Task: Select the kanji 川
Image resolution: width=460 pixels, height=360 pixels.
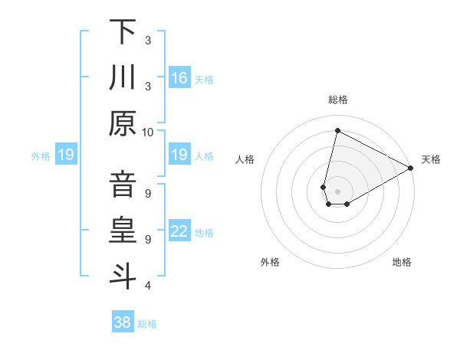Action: click(x=123, y=77)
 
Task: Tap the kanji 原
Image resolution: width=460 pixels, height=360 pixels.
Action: click(x=123, y=123)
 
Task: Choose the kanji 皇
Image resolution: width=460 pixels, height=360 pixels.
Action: click(x=123, y=231)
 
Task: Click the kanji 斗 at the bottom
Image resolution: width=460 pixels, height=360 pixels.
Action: click(x=123, y=276)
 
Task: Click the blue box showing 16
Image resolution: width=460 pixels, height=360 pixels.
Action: click(x=179, y=78)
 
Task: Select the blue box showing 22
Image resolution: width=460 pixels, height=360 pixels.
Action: click(x=179, y=231)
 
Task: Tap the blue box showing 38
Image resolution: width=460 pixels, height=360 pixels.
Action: click(x=123, y=322)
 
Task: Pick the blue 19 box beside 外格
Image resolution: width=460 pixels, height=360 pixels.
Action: click(x=66, y=155)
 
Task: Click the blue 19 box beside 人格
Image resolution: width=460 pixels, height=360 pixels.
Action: click(x=179, y=155)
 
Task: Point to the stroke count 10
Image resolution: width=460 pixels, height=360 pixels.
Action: click(x=149, y=133)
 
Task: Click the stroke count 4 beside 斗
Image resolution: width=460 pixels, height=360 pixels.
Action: click(x=147, y=286)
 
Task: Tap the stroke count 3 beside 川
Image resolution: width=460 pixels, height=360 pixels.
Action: click(x=147, y=87)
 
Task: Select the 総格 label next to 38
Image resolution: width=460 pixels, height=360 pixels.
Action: click(x=147, y=324)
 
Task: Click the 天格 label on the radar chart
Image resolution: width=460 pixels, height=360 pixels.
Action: click(x=431, y=159)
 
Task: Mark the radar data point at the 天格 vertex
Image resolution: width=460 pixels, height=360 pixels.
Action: click(x=411, y=169)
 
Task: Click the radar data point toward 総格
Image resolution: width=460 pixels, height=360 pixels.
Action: click(x=337, y=130)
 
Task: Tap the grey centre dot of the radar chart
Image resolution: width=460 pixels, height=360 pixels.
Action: click(x=337, y=190)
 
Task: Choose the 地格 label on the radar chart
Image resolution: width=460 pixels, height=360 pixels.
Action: click(x=402, y=262)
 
